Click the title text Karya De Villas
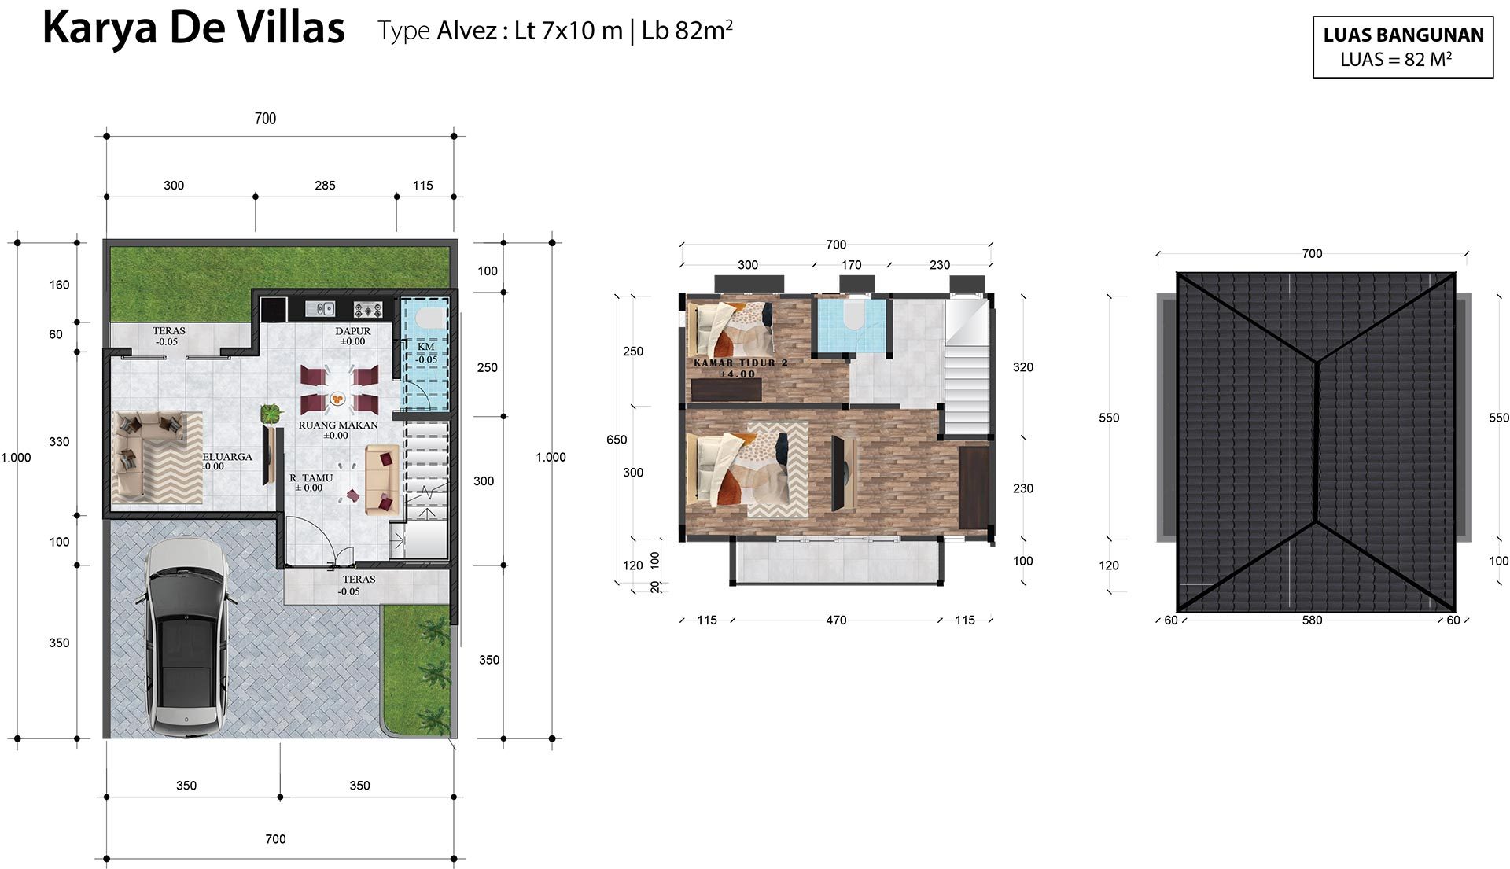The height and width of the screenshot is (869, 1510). [193, 28]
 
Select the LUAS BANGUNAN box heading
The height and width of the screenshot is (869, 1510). [1403, 35]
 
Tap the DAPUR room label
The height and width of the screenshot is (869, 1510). [353, 331]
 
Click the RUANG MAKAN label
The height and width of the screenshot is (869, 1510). [338, 425]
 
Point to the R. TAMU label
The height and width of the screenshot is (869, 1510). [311, 477]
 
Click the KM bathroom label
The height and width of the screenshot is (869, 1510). [425, 346]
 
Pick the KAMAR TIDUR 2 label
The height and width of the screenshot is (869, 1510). [740, 363]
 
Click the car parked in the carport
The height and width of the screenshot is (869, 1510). [186, 637]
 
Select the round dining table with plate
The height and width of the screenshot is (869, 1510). [338, 399]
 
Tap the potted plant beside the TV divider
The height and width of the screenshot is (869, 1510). [271, 412]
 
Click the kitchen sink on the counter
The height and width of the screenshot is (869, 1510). [320, 308]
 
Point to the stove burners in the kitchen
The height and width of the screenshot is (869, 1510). [368, 309]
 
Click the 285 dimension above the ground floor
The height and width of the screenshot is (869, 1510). [325, 186]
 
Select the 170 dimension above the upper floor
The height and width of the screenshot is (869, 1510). [852, 265]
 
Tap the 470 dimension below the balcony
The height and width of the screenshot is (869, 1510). [836, 620]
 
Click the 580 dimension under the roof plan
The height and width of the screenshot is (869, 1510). [1312, 620]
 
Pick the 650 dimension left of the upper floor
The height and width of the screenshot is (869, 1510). [617, 440]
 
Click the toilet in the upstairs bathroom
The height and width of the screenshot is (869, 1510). [853, 315]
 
